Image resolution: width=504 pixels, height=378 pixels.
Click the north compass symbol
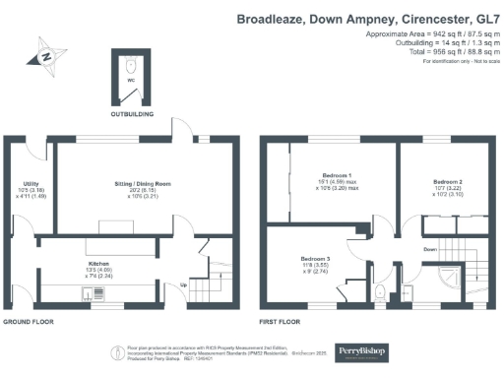(x=46, y=57)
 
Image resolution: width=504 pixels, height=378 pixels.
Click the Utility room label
(x=31, y=183)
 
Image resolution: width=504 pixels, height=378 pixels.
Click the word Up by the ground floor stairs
(x=182, y=286)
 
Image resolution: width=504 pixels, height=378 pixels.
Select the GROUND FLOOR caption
(x=27, y=322)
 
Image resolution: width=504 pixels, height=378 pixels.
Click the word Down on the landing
(x=430, y=249)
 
